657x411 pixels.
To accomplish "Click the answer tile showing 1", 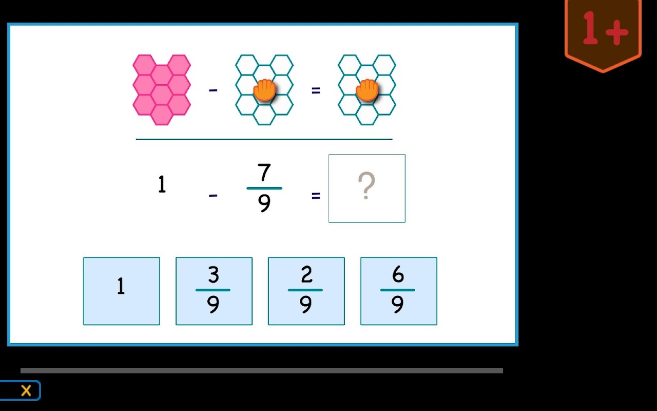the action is coord(122,291).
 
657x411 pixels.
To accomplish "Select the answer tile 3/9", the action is coord(214,291).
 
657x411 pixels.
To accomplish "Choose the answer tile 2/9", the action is coord(306,291).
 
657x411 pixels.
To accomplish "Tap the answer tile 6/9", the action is coord(399,291).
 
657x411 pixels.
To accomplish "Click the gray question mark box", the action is coord(367,188).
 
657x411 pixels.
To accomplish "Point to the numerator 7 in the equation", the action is coord(264,172).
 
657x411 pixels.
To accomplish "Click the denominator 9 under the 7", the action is coord(264,203).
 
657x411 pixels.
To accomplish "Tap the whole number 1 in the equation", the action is coord(162,184).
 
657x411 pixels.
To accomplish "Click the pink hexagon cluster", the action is coord(162,90).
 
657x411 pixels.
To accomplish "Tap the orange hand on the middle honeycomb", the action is coord(264,90).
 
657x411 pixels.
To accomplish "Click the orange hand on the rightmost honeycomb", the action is coord(367,90).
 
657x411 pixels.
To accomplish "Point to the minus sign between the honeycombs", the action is coord(213,90).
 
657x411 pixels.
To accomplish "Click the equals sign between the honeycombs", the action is coord(316,90).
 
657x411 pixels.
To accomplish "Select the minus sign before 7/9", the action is coord(213,195).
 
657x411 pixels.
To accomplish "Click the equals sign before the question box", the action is coord(316,196).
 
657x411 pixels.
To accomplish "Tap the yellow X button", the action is coord(26,391).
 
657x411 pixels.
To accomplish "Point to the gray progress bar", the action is coord(262,370).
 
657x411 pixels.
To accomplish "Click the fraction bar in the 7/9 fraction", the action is coord(264,188).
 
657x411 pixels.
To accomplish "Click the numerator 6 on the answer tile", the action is coord(398,274).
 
